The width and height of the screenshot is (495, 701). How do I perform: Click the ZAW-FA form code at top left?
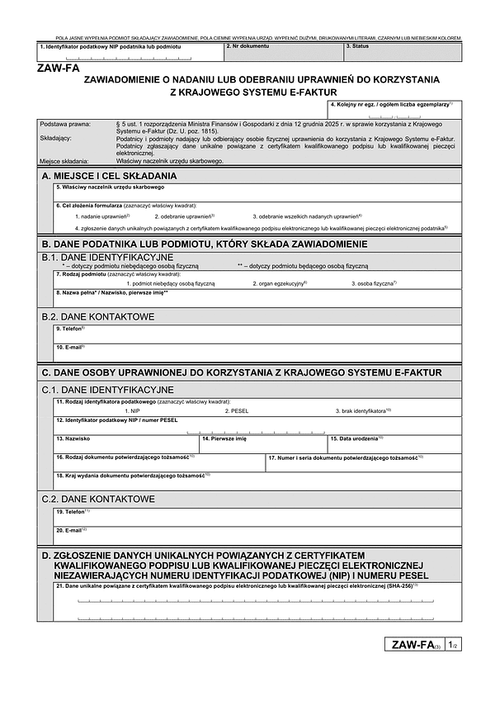coord(58,70)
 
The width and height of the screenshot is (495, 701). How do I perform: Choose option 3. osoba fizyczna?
coord(375,283)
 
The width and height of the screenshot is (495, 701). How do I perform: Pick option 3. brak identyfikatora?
coord(363,410)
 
